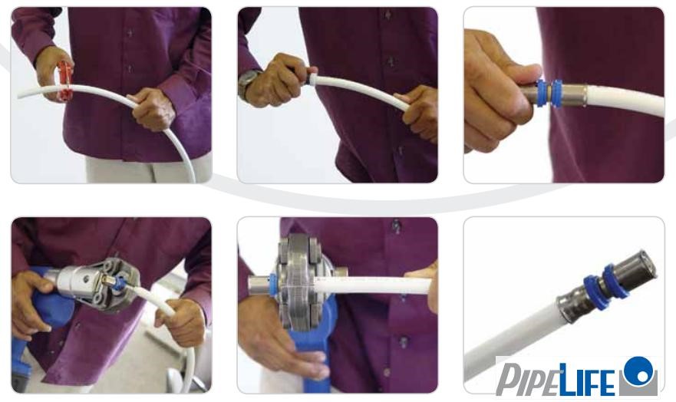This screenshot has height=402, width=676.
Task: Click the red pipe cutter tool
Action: tap(64, 81)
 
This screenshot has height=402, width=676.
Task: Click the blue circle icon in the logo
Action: tap(638, 371)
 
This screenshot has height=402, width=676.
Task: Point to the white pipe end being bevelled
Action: tap(312, 80)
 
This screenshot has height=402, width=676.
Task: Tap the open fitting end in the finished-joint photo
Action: tap(644, 264)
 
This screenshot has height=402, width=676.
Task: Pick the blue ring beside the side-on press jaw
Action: tap(273, 285)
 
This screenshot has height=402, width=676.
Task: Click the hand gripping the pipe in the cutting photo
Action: tap(152, 109)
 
